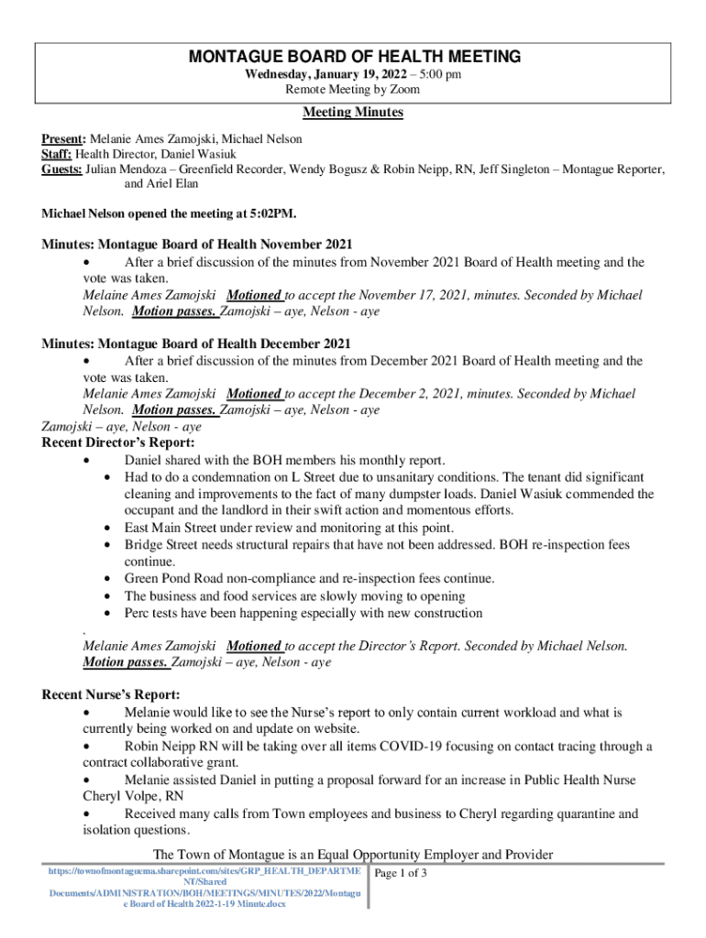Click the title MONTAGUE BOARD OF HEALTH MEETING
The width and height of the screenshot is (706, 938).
(x=354, y=57)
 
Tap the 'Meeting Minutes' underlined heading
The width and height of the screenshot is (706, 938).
(x=353, y=113)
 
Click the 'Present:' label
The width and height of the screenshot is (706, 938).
(x=63, y=138)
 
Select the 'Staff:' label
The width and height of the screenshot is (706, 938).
(x=57, y=154)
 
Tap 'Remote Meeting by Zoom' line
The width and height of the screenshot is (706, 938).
(x=353, y=90)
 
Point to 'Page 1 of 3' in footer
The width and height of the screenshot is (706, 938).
(x=402, y=873)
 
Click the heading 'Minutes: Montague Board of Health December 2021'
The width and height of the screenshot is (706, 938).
(x=196, y=344)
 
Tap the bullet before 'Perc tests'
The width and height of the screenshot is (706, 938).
(x=108, y=613)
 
